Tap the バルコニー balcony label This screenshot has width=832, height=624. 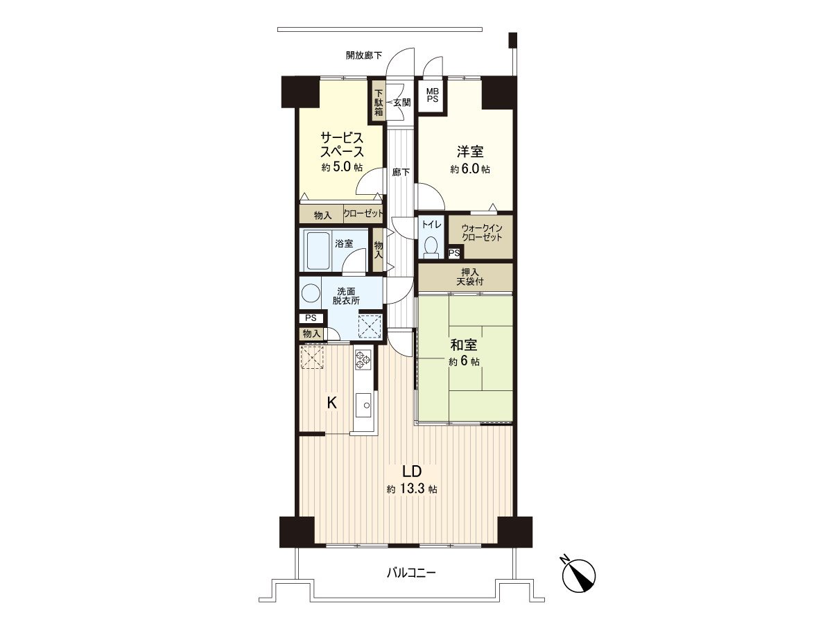411,573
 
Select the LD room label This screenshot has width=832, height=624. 411,471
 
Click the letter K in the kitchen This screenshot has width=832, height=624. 332,403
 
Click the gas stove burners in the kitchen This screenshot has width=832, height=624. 363,358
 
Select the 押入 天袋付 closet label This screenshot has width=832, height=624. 465,277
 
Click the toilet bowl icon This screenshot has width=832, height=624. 431,245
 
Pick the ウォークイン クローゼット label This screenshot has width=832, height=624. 479,232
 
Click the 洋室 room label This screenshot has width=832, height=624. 469,151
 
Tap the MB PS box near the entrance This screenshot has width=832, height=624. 432,95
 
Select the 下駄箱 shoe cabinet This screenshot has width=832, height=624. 379,102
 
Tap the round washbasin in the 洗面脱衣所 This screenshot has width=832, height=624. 310,294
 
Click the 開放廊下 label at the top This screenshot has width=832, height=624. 364,55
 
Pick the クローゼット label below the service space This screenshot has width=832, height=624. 363,215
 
